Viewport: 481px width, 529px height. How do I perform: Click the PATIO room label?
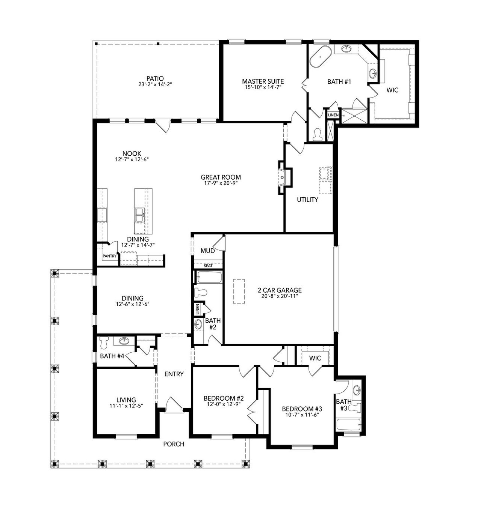[155, 78]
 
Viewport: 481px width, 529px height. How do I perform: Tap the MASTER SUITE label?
[263, 81]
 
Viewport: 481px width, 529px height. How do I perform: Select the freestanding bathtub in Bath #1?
[320, 57]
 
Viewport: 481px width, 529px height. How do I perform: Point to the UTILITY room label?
[307, 200]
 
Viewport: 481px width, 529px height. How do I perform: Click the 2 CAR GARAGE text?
[280, 290]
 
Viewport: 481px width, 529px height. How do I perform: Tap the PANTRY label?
[110, 256]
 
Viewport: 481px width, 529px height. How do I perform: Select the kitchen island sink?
[139, 215]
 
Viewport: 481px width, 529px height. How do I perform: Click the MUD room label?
[207, 251]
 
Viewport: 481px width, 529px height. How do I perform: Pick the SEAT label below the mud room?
[208, 266]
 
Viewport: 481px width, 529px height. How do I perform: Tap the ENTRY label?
[174, 374]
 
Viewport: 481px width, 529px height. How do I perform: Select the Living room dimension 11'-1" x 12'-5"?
[126, 406]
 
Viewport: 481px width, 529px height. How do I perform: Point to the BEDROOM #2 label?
[224, 398]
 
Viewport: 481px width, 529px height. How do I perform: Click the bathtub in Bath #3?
[349, 425]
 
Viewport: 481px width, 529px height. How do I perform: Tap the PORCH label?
[174, 444]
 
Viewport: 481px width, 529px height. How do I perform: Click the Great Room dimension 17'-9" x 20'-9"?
[221, 183]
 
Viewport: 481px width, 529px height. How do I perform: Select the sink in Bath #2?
[198, 323]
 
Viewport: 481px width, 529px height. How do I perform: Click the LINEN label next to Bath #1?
[333, 115]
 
